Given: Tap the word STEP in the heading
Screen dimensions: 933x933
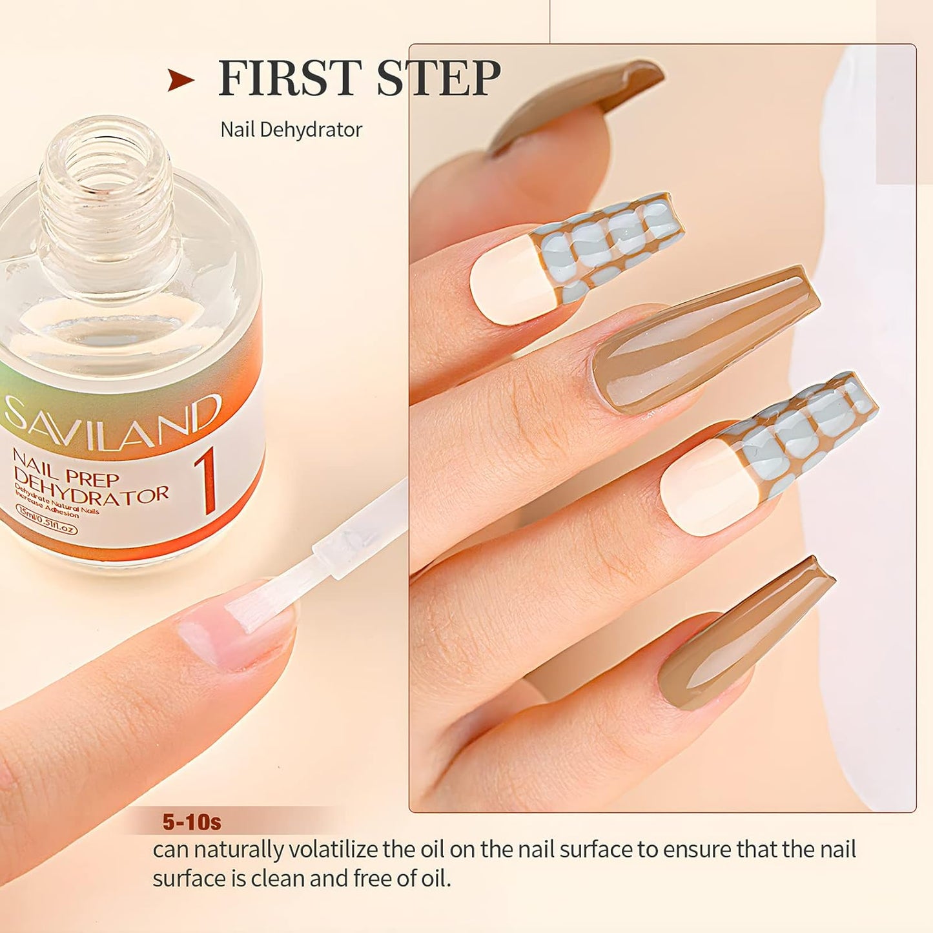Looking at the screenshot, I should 438,78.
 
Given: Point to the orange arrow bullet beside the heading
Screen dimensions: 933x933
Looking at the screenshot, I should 180,80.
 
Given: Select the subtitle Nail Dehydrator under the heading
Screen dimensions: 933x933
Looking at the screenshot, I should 291,130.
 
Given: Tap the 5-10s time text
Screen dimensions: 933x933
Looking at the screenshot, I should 192,822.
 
